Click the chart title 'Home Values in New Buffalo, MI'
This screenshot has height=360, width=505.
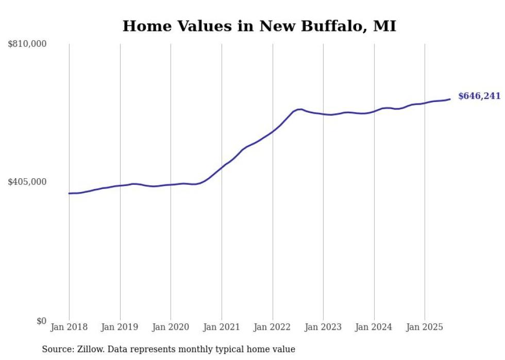click(x=259, y=26)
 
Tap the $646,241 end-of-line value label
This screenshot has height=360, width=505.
click(x=479, y=96)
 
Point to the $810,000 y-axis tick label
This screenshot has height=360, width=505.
click(x=27, y=44)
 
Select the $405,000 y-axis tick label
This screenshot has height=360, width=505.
click(x=27, y=182)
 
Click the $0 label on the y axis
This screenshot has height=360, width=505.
click(x=41, y=321)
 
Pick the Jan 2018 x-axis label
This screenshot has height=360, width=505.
click(x=69, y=327)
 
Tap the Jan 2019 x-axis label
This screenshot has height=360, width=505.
click(x=120, y=327)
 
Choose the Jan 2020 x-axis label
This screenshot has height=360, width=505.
click(x=171, y=327)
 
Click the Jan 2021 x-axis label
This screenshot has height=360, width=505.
click(x=222, y=327)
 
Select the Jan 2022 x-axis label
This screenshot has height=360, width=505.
click(x=273, y=327)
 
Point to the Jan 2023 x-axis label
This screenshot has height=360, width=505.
click(x=323, y=327)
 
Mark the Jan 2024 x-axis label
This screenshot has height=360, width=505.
click(x=374, y=327)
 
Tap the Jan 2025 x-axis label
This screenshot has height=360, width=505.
click(x=425, y=327)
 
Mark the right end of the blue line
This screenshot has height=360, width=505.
click(x=450, y=99)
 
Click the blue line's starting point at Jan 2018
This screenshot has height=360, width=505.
click(x=69, y=193)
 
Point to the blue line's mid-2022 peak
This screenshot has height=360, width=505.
click(x=299, y=109)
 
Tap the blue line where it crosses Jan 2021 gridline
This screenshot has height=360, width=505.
click(x=222, y=167)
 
